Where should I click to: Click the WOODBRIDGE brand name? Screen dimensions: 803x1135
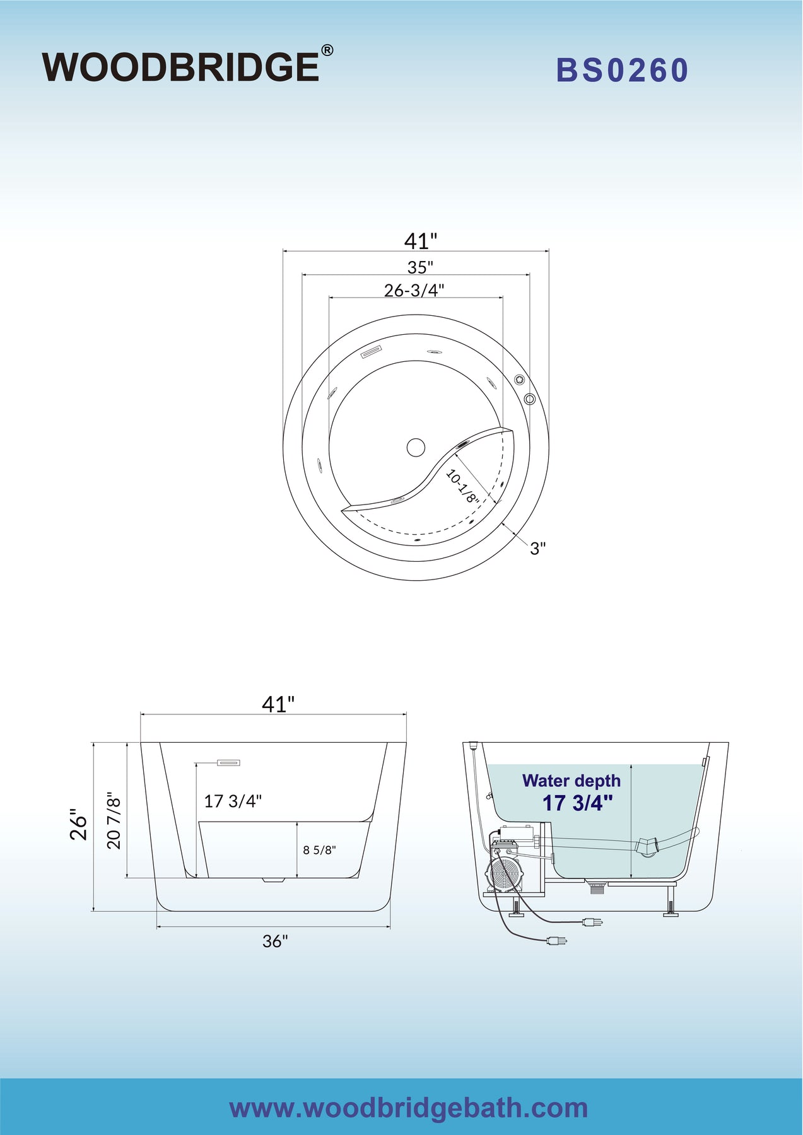pyautogui.click(x=181, y=67)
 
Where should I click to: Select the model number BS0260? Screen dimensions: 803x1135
pyautogui.click(x=622, y=70)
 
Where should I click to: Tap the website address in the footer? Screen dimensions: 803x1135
pyautogui.click(x=409, y=1107)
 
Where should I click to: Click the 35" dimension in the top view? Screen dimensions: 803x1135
pyautogui.click(x=420, y=267)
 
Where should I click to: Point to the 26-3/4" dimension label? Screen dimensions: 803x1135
pyautogui.click(x=414, y=290)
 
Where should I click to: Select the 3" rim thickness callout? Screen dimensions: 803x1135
pyautogui.click(x=537, y=548)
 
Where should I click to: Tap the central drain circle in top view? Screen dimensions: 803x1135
pyautogui.click(x=416, y=448)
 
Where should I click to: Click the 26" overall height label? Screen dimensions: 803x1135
pyautogui.click(x=78, y=824)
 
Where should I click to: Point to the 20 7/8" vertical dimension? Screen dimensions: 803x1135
pyautogui.click(x=114, y=820)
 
